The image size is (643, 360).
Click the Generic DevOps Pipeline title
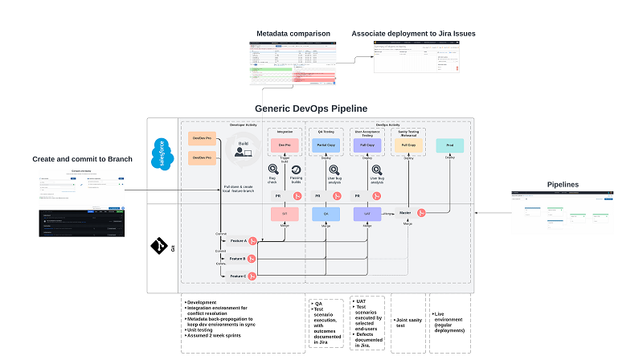(321, 108)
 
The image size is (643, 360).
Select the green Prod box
(448, 145)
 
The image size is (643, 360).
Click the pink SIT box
(284, 215)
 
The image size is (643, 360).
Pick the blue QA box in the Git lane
(326, 215)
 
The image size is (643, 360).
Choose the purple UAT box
(367, 215)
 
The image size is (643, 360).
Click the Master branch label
(405, 213)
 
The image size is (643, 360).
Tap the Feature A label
(238, 240)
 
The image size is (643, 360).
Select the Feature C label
(238, 276)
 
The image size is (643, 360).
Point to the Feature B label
(238, 258)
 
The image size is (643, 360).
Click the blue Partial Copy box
(326, 145)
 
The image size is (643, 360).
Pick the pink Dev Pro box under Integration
(284, 145)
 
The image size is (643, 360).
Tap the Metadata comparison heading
(293, 34)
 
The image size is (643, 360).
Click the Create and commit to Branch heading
(77, 159)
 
